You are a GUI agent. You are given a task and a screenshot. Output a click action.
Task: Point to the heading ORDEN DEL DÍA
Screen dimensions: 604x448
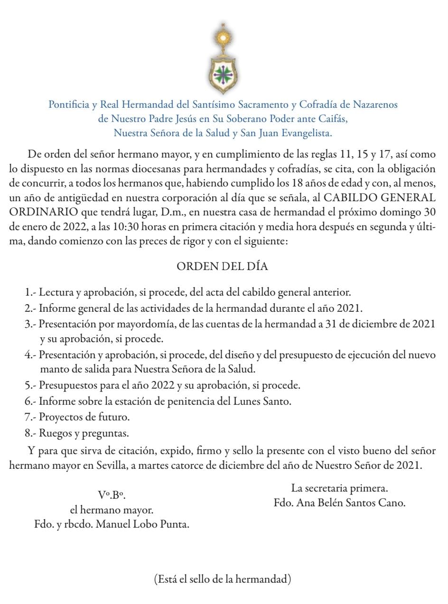tap(222, 267)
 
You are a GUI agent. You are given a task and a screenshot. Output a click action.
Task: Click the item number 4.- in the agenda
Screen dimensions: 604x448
tap(31, 354)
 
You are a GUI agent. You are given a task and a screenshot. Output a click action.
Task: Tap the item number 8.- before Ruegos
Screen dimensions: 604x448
tap(31, 433)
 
